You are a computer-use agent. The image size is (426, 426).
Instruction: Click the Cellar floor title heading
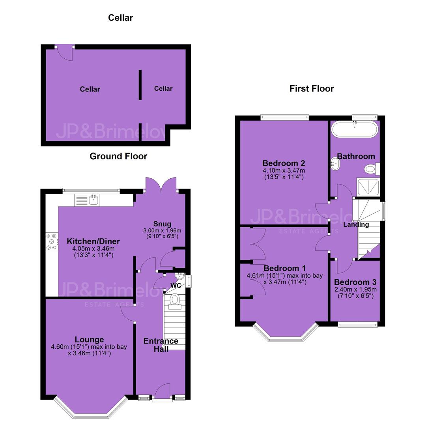pos(120,18)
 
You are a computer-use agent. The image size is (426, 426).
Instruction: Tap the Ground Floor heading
pos(118,156)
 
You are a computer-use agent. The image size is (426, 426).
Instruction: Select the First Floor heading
pos(312,89)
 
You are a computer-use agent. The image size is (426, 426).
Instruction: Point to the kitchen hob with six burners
pos(52,241)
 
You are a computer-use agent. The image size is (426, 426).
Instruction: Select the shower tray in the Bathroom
pos(368,187)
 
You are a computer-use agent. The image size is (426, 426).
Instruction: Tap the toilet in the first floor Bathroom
pos(372,169)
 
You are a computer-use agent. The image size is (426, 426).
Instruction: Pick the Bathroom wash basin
pos(335,164)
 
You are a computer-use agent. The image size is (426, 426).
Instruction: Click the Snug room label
pos(162,224)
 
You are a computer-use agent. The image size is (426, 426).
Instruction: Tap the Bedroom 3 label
pos(355,282)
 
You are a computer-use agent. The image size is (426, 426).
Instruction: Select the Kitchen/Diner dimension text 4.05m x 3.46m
pos(93,248)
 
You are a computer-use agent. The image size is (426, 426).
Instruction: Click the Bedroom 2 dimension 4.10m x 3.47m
pos(284,171)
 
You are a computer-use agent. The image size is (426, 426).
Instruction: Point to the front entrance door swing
pos(163,392)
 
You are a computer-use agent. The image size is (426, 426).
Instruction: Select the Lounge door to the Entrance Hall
pos(128,314)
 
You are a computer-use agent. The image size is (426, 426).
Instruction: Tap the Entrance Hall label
pos(161,345)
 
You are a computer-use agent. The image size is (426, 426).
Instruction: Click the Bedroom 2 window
pos(285,118)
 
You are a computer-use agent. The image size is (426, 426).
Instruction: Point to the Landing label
pos(356,225)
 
